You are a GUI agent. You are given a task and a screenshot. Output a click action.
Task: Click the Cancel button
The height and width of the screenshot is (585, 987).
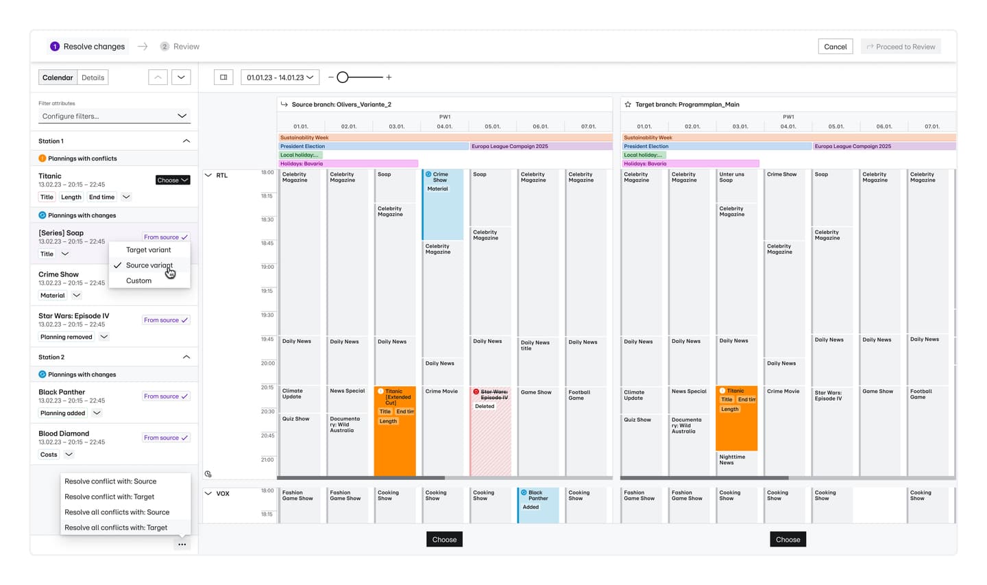point(835,47)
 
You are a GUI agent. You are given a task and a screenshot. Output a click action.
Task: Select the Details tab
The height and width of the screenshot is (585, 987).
point(93,77)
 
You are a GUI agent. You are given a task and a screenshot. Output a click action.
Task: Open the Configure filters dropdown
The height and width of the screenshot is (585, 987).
point(114,116)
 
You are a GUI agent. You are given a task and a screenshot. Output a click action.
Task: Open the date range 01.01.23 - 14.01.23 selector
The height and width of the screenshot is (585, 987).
point(280,77)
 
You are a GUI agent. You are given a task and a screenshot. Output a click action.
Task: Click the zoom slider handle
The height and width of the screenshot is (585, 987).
point(343,77)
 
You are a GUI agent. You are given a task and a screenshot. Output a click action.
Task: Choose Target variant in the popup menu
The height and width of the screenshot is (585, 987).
point(148,250)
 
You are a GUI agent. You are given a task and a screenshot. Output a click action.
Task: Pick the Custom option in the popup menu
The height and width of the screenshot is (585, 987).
point(138,280)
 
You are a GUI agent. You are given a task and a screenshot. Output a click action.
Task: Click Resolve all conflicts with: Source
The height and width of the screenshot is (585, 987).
point(117,512)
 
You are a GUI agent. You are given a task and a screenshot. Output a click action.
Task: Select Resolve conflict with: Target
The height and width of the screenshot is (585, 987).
point(109,497)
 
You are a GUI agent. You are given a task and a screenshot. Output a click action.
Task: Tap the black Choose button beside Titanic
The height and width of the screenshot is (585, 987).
point(173,180)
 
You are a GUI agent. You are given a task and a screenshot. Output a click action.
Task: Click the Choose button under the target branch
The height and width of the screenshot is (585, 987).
point(788,540)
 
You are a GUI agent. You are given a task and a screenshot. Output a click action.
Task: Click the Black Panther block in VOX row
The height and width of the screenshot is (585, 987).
point(539,504)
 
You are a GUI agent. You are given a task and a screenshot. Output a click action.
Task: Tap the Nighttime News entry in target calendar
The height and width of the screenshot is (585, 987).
point(732,459)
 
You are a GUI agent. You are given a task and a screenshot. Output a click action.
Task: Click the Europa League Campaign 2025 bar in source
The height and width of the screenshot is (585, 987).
point(540,146)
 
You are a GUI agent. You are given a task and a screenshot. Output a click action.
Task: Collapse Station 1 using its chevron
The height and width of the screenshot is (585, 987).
point(186,141)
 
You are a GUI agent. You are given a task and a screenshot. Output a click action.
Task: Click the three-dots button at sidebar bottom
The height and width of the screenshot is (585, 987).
point(182,545)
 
